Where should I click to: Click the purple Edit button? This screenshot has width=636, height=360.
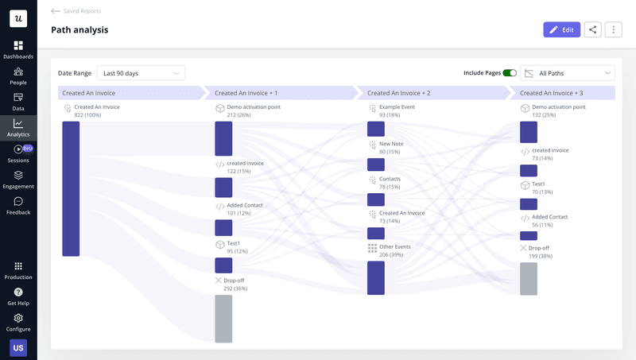(x=561, y=29)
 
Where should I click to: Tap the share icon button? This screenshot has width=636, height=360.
(x=592, y=29)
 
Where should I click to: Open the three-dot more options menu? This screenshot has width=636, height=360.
(x=613, y=29)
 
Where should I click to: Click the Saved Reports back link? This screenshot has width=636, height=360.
(x=76, y=11)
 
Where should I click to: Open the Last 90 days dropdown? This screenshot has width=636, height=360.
(x=141, y=73)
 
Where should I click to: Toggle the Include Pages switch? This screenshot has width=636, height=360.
(x=510, y=73)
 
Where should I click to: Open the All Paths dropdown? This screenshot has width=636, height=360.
(x=568, y=73)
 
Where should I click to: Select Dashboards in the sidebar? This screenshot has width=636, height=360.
(x=18, y=50)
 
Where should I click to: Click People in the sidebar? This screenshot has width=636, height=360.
(x=18, y=75)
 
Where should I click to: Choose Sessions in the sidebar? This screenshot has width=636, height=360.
(x=18, y=153)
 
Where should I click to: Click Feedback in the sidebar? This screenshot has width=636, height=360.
(x=18, y=206)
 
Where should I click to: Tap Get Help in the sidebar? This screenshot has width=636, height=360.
(x=18, y=296)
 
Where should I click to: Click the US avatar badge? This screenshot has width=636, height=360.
(x=17, y=348)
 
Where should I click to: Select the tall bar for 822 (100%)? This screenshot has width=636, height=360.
(x=71, y=188)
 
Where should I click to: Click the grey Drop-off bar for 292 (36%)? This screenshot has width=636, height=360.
(x=223, y=319)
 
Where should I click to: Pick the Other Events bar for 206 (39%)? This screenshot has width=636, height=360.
(x=376, y=277)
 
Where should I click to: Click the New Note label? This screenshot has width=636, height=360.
(x=391, y=144)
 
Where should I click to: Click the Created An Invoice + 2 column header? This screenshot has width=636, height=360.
(x=399, y=93)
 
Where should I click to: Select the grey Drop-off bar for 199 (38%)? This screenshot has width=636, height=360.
(x=529, y=278)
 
